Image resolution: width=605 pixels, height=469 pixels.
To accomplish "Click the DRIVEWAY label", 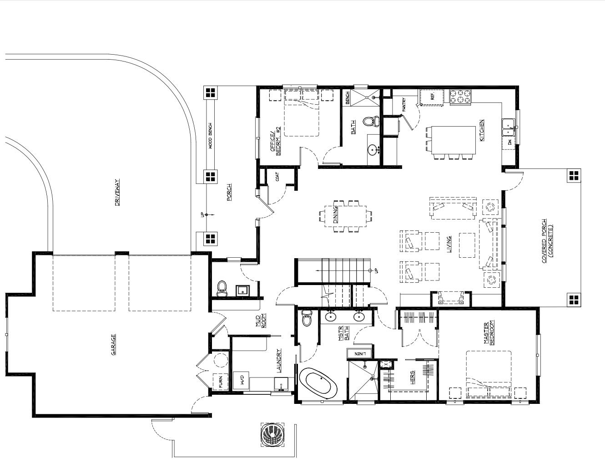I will point(117,193).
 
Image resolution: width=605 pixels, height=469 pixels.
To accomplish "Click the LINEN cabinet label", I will point(360,354).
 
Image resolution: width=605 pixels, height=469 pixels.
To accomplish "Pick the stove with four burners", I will point(460,97).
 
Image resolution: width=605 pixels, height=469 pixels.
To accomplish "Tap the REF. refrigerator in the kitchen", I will point(432,97).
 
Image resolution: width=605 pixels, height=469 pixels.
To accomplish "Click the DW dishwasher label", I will point(509,143).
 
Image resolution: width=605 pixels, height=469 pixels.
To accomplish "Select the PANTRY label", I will point(403,105).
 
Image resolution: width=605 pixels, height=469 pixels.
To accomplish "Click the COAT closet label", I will point(277,177).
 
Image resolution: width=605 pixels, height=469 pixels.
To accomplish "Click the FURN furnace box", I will point(221,382).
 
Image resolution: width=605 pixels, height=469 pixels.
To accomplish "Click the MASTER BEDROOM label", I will point(489,333).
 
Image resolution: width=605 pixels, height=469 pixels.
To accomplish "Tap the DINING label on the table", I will point(335,214).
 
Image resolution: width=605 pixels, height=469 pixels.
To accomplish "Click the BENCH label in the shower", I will point(348,98).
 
